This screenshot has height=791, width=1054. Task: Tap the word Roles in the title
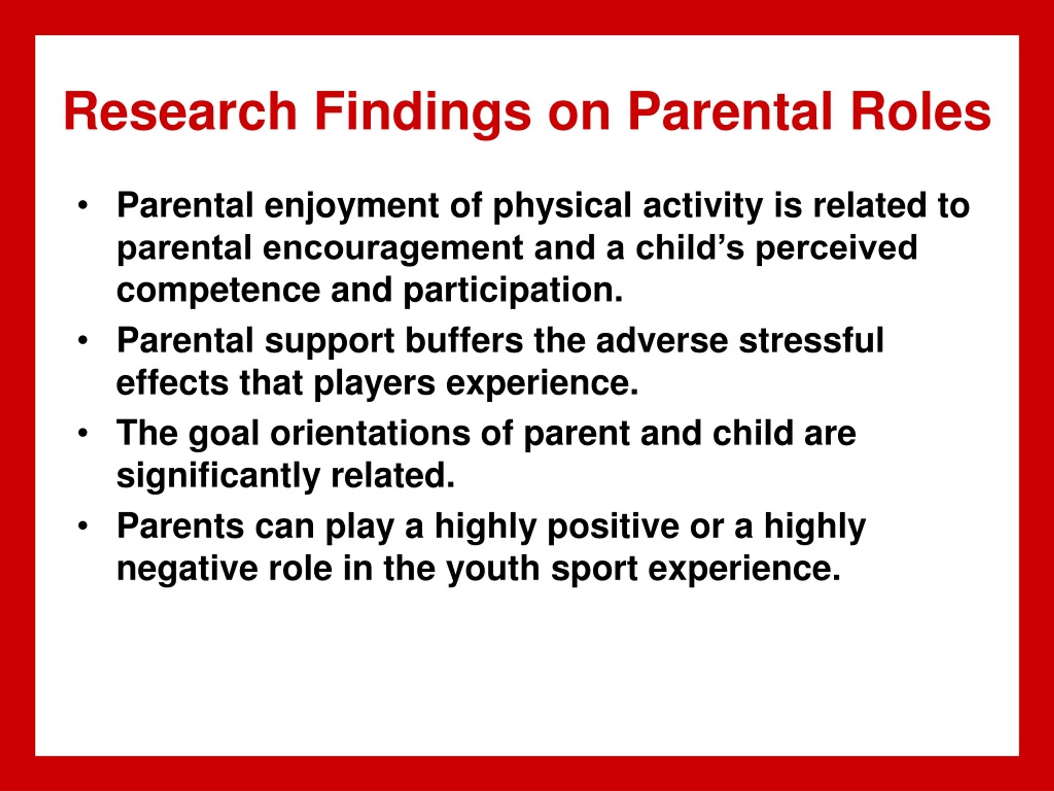(921, 112)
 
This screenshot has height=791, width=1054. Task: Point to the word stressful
(811, 339)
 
